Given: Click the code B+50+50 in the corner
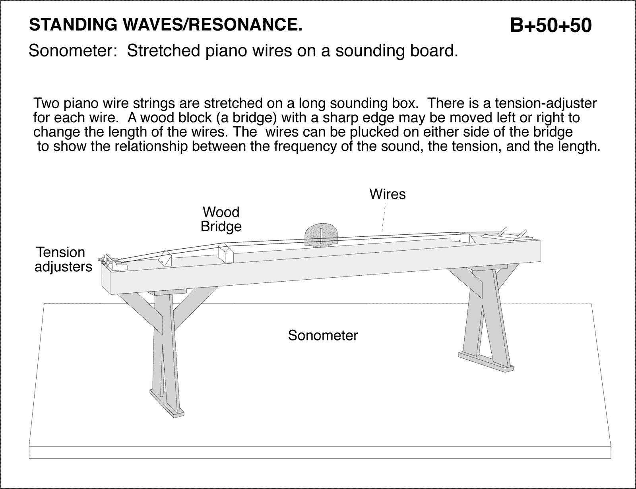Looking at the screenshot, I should tap(551, 25).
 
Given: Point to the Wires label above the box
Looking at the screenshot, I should tap(388, 194).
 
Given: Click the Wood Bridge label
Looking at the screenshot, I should tap(221, 219).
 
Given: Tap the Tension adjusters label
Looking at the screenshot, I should tap(63, 259).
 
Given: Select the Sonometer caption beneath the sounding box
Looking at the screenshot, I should tap(323, 336).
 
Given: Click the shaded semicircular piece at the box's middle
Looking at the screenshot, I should tap(321, 235).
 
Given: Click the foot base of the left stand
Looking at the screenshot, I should tap(175, 414).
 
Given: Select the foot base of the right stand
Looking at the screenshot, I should tap(485, 362).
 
